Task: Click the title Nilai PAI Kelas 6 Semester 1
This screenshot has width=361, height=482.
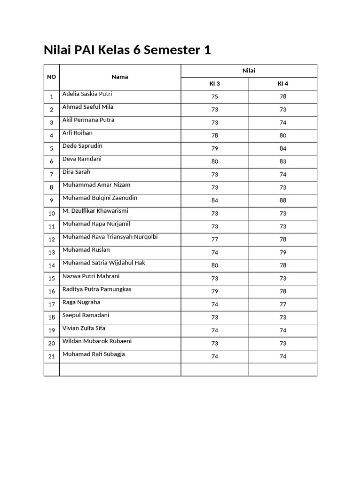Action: coord(127,50)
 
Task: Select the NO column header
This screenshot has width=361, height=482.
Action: coord(52,77)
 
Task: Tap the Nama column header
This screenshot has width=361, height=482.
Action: coord(120,77)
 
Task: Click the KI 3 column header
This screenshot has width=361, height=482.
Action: coord(215,84)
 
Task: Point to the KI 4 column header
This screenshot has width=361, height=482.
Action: coord(283,84)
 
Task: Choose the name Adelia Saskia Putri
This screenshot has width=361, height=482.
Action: coord(87,94)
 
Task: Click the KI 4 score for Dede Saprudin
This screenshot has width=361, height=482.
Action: coord(283,148)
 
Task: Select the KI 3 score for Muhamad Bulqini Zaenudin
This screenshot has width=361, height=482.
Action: coord(215,201)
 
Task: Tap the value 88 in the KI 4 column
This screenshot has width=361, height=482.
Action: coord(283,201)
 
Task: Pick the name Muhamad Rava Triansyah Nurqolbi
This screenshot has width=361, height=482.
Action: coord(110,237)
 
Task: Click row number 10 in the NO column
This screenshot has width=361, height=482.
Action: coord(52,214)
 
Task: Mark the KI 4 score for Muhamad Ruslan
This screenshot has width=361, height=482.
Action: coord(283,252)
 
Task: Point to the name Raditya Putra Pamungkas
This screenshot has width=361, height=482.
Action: coord(97,289)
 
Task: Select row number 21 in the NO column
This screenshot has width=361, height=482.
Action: coord(52,356)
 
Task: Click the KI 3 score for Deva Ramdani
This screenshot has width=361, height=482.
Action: coord(215,161)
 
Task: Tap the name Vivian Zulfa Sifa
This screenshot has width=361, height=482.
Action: coord(84,328)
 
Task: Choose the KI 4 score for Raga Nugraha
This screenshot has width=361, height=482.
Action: coord(283,305)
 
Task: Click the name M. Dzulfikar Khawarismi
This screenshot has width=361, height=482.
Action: coord(95,211)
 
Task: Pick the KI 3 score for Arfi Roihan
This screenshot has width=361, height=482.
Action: coord(215,136)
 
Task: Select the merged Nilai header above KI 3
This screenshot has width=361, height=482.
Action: coord(249,71)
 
